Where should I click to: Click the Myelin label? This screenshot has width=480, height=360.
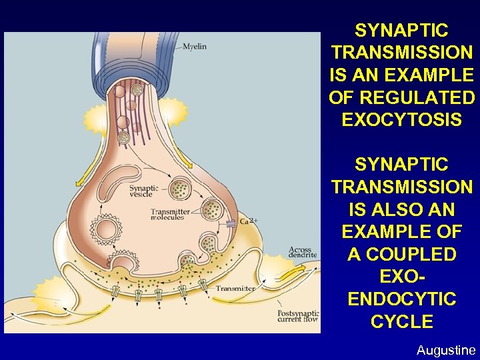[195, 46]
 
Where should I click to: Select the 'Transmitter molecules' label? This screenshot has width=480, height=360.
[170, 214]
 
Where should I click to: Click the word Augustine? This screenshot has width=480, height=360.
[446, 350]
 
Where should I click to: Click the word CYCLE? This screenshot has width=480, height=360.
[402, 322]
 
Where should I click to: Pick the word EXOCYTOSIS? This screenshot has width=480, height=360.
[401, 120]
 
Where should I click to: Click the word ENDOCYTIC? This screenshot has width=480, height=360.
[402, 299]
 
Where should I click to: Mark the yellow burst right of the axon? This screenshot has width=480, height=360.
[172, 111]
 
